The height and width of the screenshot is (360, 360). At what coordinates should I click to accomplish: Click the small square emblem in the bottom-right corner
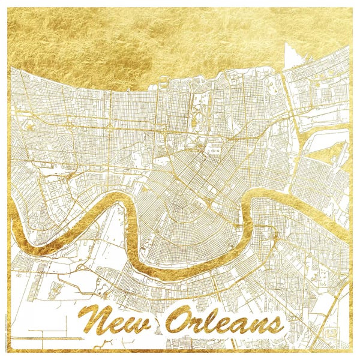(x=329, y=333)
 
